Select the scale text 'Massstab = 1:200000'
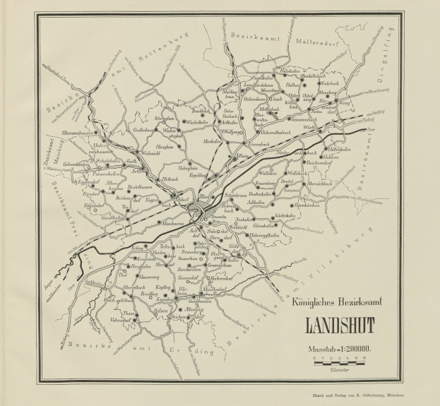pyautogui.click(x=340, y=348)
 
